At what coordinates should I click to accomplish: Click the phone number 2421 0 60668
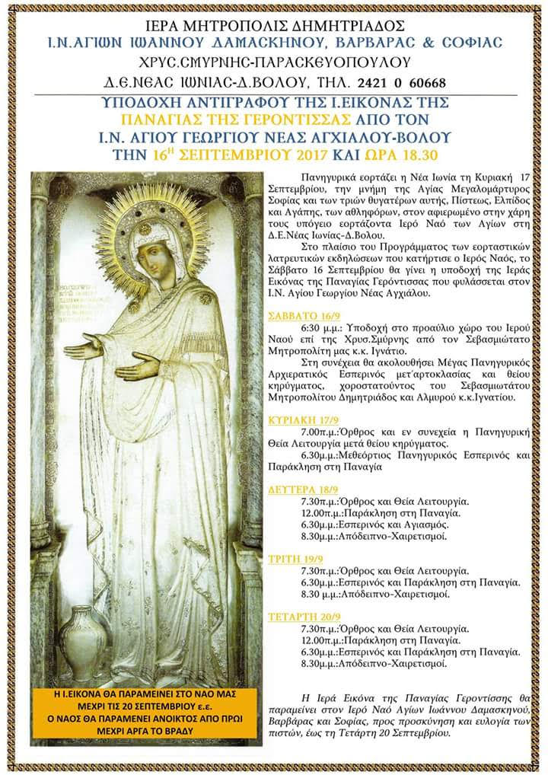click(x=403, y=82)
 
